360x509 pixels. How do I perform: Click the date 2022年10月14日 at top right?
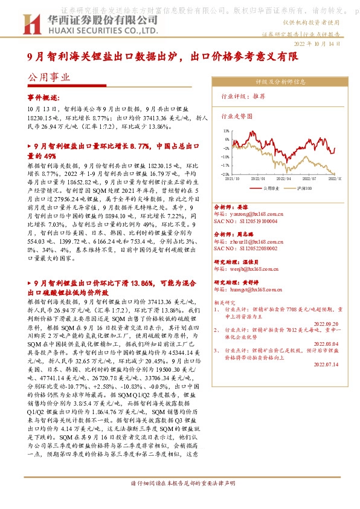click(323, 44)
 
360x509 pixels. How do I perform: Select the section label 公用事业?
click(48, 77)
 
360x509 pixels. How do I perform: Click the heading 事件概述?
click(44, 97)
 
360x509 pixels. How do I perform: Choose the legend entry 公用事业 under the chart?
click(269, 187)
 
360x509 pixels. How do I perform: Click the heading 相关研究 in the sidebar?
click(227, 300)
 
